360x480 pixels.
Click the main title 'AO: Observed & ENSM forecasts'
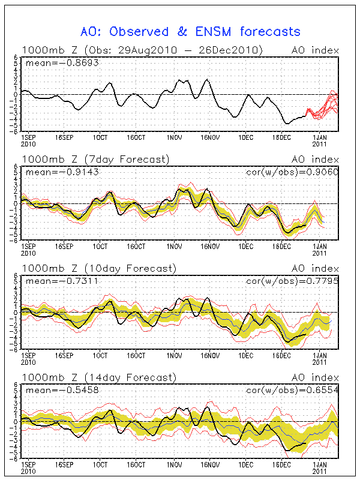click(x=191, y=31)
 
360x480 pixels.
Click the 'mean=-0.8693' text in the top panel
click(x=54, y=62)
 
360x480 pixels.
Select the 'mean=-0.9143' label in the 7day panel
click(x=54, y=172)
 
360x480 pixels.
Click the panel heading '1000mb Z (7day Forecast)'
click(x=95, y=159)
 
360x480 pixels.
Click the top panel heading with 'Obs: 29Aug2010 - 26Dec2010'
click(x=142, y=50)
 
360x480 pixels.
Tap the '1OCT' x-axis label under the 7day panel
click(x=100, y=246)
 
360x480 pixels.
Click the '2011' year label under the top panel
click(x=320, y=143)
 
